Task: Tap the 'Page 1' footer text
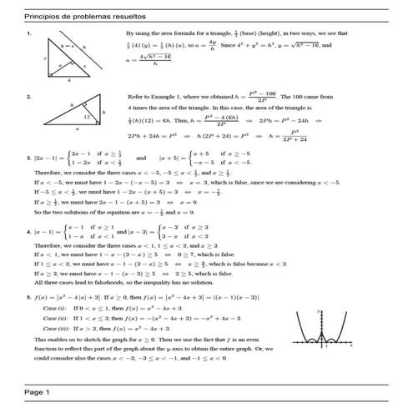(x=38, y=391)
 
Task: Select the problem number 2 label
(x=30, y=97)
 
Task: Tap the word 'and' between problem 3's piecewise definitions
(x=140, y=157)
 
